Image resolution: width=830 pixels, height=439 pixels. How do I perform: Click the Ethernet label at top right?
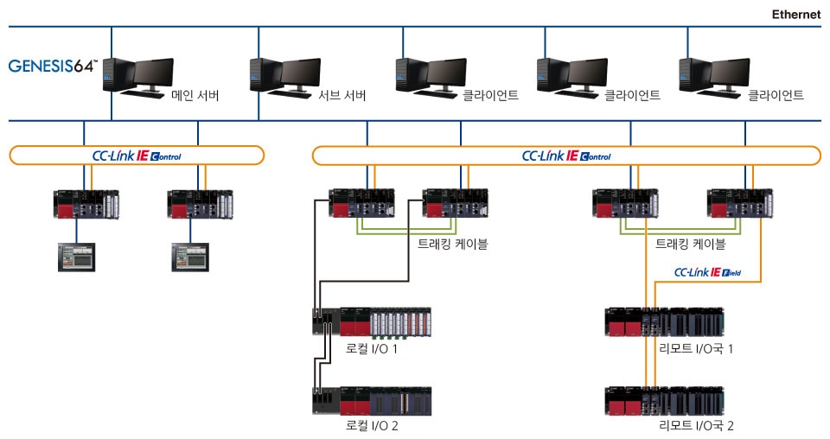coord(795,15)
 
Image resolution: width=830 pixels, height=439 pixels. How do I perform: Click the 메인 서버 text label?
coord(195,95)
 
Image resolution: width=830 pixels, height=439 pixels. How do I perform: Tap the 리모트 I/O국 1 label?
coord(696,348)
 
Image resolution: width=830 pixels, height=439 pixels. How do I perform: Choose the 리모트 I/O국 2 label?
coord(696,425)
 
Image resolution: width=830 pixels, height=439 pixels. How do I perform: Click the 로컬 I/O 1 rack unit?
coord(371,321)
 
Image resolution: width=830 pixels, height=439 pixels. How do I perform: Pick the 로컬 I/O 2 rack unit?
coord(371,401)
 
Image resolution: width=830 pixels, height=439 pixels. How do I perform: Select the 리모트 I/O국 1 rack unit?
coord(665,321)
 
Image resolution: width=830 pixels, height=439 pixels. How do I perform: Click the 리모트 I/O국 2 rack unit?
coord(665,401)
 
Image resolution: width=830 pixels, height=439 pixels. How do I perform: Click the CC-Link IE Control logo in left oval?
coord(137,156)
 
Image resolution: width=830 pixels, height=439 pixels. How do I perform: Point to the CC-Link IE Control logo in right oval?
coord(566,156)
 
